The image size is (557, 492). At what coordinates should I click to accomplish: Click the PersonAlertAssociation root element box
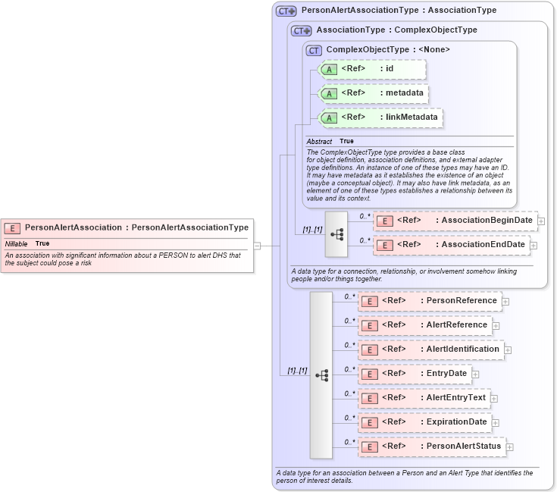126,227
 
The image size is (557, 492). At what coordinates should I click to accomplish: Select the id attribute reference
372,69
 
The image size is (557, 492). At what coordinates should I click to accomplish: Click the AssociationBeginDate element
455,221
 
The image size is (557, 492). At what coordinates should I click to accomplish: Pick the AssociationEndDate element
451,245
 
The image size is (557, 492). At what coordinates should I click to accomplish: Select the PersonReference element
430,301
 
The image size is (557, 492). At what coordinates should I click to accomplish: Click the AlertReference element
424,325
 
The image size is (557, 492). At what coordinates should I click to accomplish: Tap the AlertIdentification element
430,349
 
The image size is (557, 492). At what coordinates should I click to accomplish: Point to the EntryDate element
415,374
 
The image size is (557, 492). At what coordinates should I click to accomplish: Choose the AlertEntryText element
424,398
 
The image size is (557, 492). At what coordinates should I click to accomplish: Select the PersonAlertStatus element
431,447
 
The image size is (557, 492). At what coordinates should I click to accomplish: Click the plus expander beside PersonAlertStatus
509,447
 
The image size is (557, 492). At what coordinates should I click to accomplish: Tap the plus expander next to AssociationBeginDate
541,221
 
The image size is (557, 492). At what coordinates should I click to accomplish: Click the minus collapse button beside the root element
257,245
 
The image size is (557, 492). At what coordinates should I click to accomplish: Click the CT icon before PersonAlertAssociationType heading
286,11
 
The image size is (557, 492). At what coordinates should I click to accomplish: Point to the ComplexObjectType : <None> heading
387,49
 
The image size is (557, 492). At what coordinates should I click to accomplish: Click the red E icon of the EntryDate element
368,374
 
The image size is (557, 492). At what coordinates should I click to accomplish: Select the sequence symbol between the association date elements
336,233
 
